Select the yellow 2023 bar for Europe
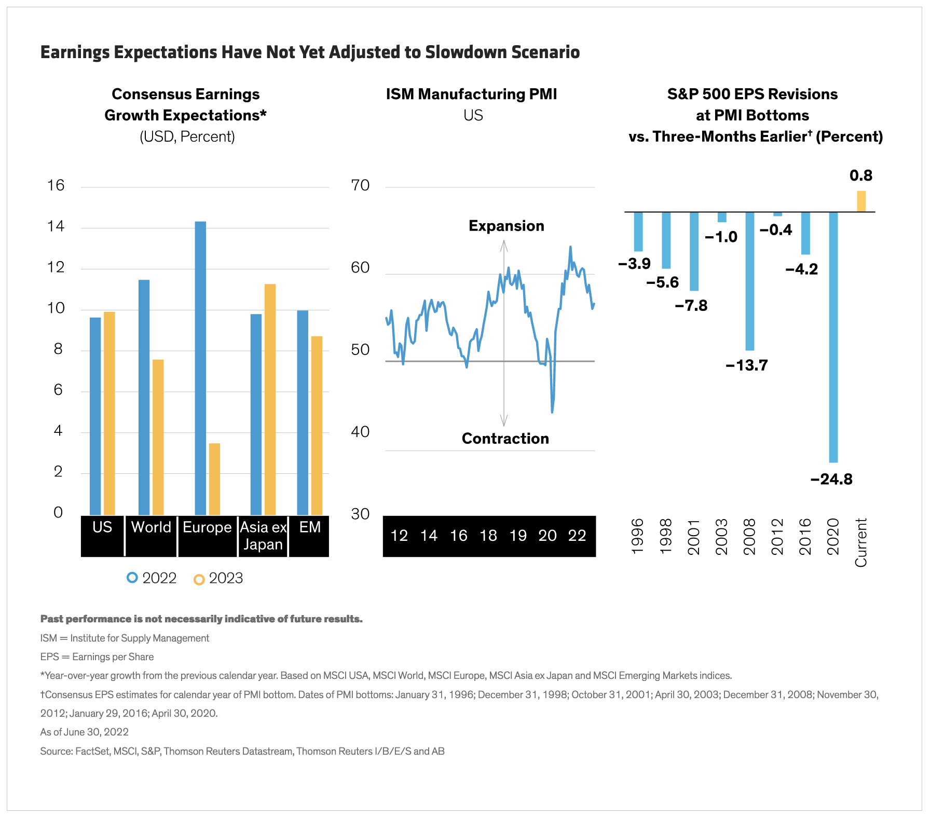[x=214, y=479]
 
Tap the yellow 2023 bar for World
[x=158, y=437]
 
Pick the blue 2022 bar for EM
[x=303, y=412]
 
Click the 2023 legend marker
[x=199, y=579]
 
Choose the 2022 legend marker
[x=132, y=577]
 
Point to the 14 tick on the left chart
[x=56, y=226]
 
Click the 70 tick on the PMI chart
[x=360, y=185]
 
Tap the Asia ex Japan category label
[x=263, y=536]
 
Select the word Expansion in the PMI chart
[x=506, y=226]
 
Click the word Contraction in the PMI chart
[x=505, y=439]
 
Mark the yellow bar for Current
[x=861, y=201]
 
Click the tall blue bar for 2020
[x=833, y=337]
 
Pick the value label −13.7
[x=747, y=365]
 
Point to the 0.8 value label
[x=861, y=175]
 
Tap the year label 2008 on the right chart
[x=749, y=537]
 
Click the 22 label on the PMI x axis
[x=577, y=536]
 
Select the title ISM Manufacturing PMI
[x=471, y=94]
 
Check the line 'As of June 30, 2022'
[x=85, y=732]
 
